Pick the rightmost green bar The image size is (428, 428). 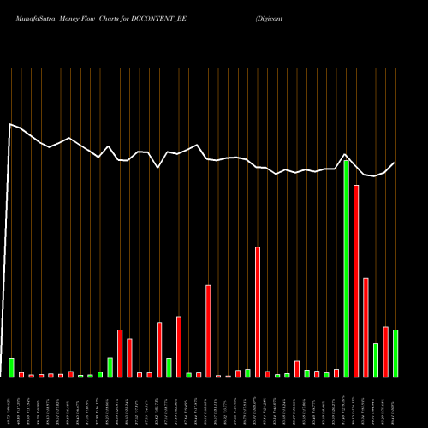coord(395,354)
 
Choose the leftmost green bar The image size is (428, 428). coord(11,367)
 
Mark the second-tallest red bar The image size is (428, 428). coord(258,312)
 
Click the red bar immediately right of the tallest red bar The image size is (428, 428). coord(366,328)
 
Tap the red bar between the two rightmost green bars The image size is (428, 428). coord(385,352)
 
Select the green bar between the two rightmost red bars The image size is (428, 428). coord(376,360)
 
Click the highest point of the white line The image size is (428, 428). coord(10,124)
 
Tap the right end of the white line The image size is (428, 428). coord(395,163)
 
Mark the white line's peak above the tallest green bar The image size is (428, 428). coord(345,155)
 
